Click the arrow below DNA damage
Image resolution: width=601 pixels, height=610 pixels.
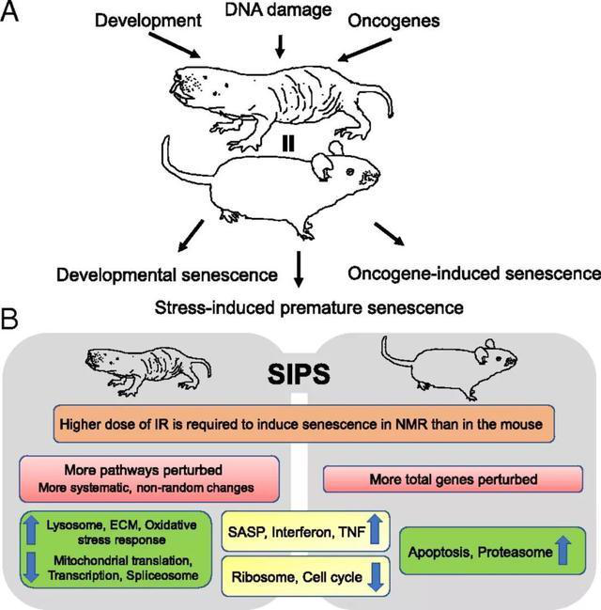[x=280, y=44]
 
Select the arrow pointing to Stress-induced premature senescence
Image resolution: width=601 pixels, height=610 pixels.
[x=299, y=268]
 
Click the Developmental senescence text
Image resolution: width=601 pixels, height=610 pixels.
[x=166, y=275]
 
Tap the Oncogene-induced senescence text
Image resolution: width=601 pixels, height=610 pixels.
[x=473, y=274]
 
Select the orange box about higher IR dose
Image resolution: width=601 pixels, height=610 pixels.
[x=300, y=424]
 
